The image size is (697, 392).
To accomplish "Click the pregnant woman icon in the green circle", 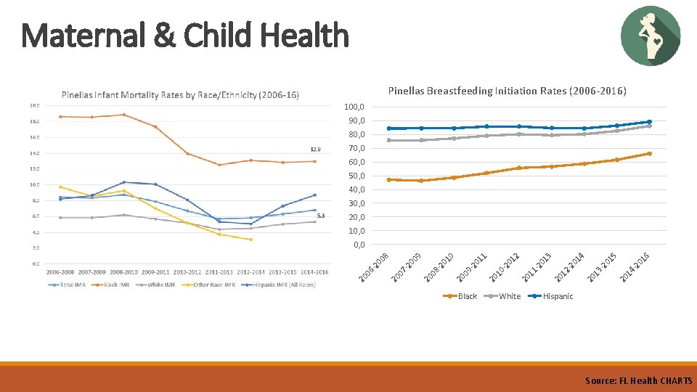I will click(x=651, y=36).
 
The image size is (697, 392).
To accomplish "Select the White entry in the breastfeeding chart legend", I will click(x=509, y=296).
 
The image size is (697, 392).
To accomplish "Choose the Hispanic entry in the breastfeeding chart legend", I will click(x=557, y=296).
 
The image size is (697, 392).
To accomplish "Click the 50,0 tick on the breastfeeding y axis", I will click(x=356, y=176).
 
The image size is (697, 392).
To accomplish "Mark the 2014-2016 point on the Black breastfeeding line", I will click(x=649, y=153).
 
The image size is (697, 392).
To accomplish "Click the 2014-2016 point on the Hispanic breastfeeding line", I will click(x=649, y=122).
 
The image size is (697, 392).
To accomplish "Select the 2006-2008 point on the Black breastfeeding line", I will click(x=389, y=179).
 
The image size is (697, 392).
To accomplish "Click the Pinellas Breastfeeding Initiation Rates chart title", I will click(x=507, y=91).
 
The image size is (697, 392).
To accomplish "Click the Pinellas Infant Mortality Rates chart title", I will click(x=180, y=95).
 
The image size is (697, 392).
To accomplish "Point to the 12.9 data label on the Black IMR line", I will click(x=316, y=150).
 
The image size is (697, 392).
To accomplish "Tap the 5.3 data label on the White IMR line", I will click(x=321, y=216).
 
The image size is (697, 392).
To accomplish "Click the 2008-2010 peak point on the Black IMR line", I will click(x=124, y=115).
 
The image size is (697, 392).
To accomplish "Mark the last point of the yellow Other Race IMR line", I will click(x=251, y=240).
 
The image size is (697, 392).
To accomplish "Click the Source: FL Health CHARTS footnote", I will click(x=638, y=380).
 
